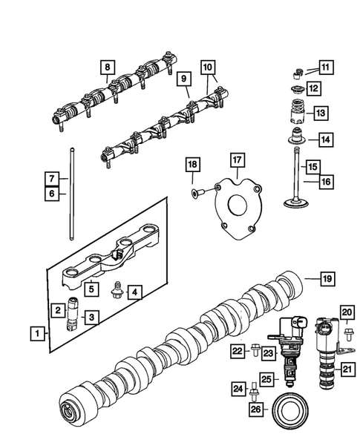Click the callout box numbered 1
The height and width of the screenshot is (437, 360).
pyautogui.click(x=36, y=334)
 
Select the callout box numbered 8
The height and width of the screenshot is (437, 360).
pyautogui.click(x=108, y=68)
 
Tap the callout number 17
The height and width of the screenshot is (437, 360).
pyautogui.click(x=237, y=159)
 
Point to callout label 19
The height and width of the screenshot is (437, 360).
pyautogui.click(x=327, y=279)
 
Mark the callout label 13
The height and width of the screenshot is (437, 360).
pyautogui.click(x=320, y=114)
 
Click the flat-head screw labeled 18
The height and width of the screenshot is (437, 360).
pyautogui.click(x=196, y=192)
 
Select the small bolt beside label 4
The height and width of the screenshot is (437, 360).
pyautogui.click(x=117, y=286)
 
